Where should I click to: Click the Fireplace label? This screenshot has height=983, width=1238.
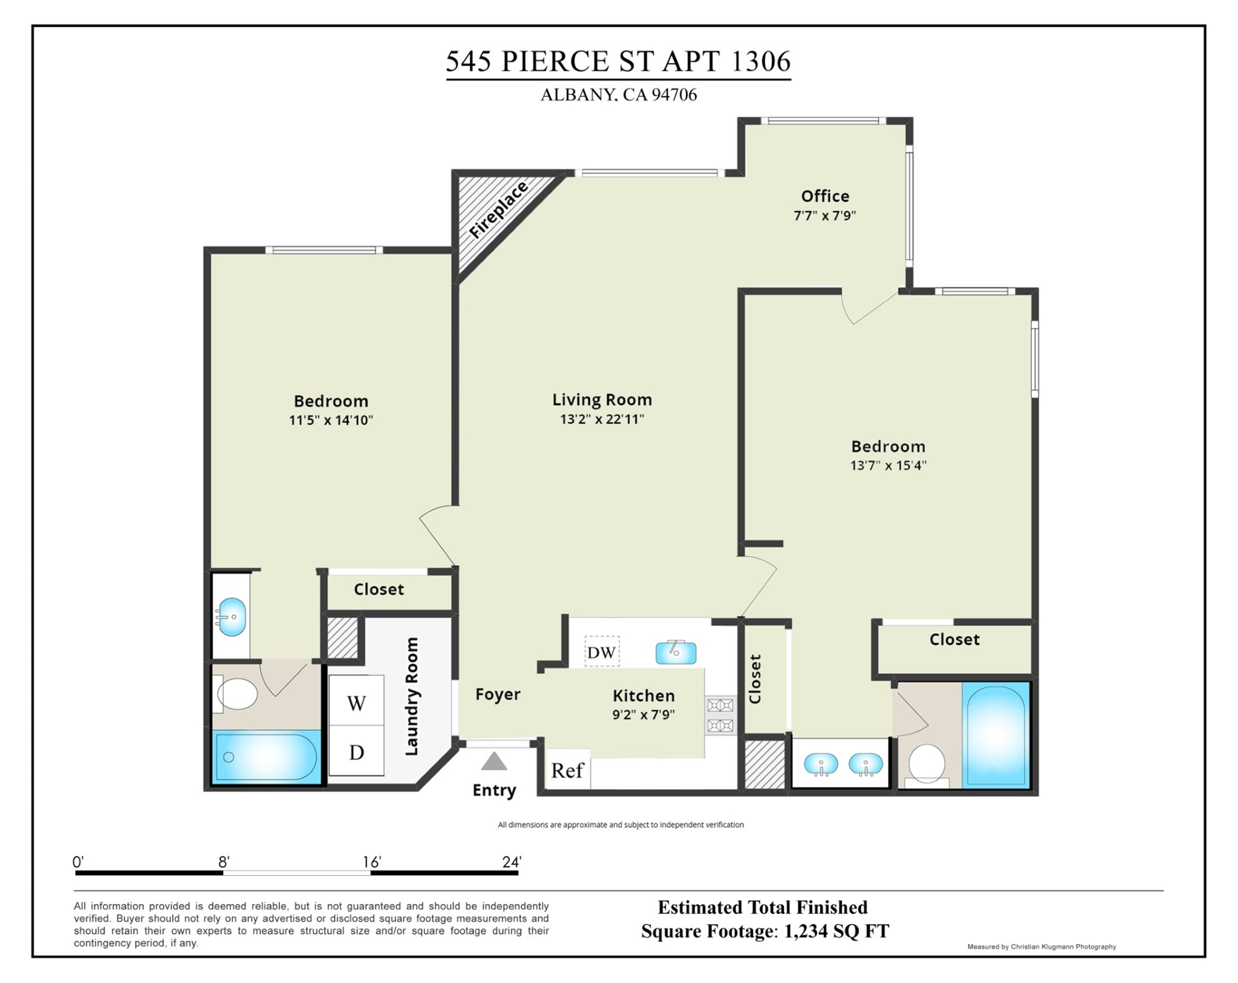[x=498, y=210]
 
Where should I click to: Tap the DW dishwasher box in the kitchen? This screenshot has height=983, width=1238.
[x=602, y=651]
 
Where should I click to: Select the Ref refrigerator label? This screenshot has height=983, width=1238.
[x=567, y=770]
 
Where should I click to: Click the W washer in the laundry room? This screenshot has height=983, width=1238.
[x=356, y=703]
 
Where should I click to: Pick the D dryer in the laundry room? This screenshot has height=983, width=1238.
[x=356, y=751]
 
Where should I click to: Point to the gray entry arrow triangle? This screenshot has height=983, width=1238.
[x=494, y=761]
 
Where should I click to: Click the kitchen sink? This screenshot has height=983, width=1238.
[x=676, y=652]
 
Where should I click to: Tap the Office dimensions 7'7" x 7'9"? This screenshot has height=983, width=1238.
[x=825, y=216]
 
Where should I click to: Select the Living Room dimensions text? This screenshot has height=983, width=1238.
[x=602, y=419]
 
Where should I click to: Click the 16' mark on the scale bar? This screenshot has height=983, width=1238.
[x=371, y=862]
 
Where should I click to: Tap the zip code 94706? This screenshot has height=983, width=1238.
[x=674, y=95]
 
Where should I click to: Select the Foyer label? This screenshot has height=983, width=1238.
[x=498, y=694]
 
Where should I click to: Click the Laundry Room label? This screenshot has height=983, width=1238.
[x=412, y=696]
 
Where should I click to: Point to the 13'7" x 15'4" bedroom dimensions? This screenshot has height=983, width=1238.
[x=888, y=465]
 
